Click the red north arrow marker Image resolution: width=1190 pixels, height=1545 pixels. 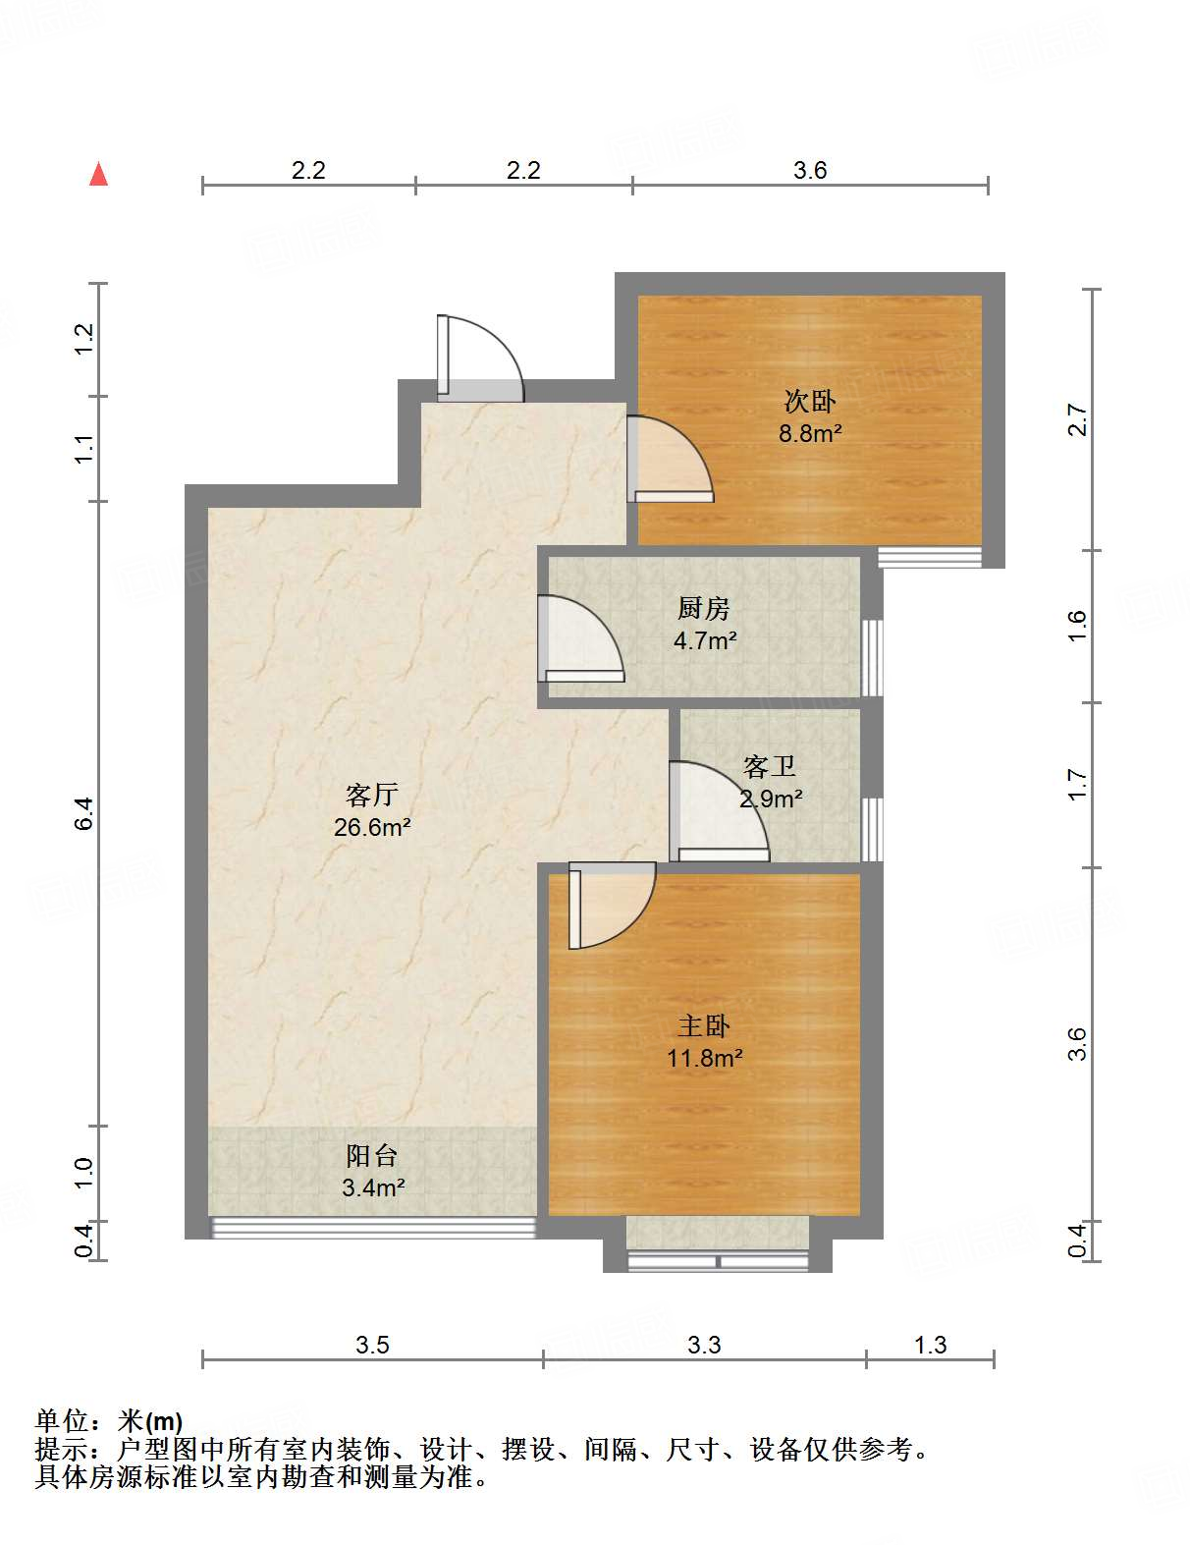(x=98, y=174)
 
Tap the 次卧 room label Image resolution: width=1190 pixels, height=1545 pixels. (x=809, y=401)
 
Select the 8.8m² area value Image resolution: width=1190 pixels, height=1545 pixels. (x=810, y=432)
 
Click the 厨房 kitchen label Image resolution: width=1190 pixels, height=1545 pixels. (x=704, y=609)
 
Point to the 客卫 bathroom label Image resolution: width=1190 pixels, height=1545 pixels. (x=769, y=766)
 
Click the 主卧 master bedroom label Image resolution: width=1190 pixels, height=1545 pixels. (x=704, y=1026)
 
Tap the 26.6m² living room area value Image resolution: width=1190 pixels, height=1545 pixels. (x=371, y=827)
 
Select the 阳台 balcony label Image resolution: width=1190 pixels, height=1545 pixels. (x=371, y=1156)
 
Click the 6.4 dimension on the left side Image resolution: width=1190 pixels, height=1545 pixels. (x=84, y=813)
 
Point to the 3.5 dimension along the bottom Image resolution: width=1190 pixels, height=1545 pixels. (x=372, y=1345)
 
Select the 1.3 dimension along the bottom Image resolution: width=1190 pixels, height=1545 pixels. (x=930, y=1345)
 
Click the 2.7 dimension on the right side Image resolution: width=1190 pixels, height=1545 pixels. (x=1077, y=420)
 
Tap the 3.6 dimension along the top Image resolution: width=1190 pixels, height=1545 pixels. (x=810, y=170)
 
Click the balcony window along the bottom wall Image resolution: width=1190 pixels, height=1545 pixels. (x=373, y=1227)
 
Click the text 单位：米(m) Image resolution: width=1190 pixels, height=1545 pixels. (x=109, y=1420)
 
